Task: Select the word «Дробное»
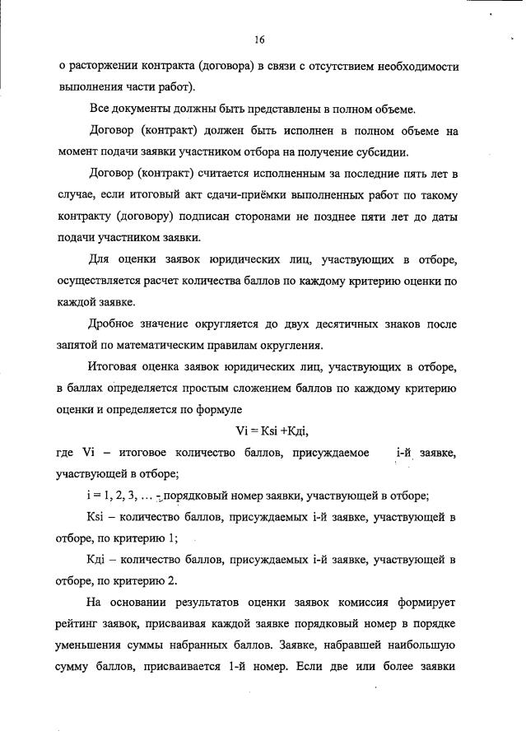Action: coord(114,324)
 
